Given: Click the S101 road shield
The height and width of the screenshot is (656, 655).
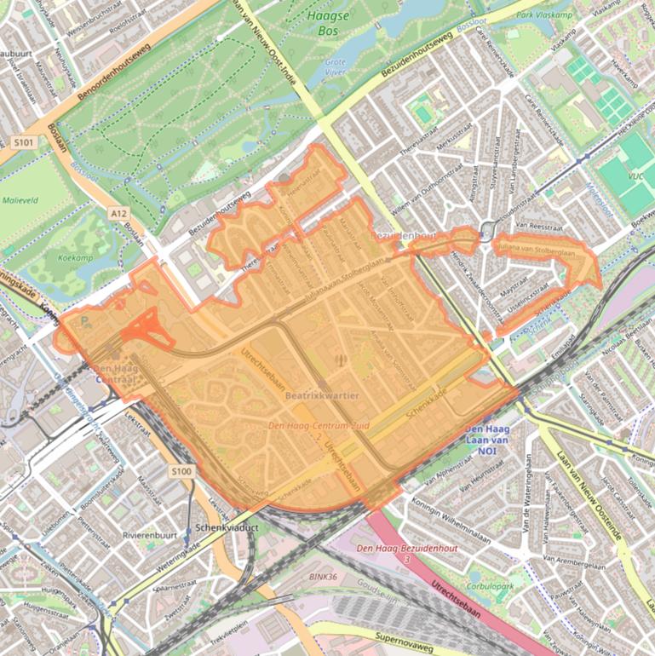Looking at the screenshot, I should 23,142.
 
